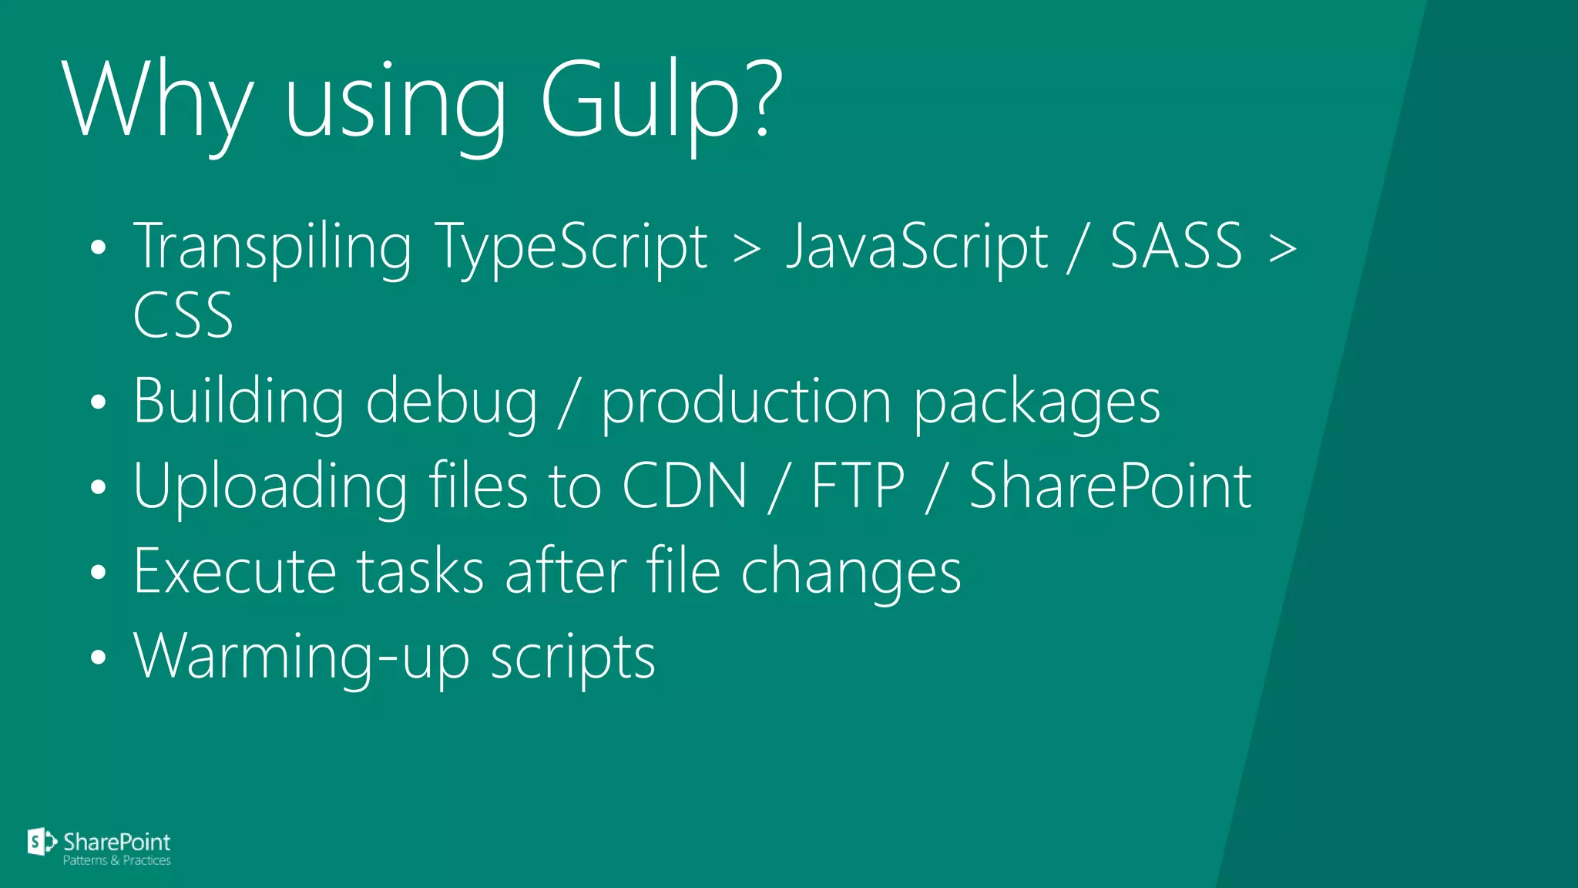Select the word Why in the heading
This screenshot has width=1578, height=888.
click(x=158, y=100)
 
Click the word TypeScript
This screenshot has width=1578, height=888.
click(x=571, y=247)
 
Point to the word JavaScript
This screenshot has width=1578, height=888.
click(x=916, y=247)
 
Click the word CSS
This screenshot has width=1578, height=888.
click(x=183, y=315)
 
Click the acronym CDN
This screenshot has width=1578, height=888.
click(x=684, y=486)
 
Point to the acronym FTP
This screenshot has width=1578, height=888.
click(x=858, y=486)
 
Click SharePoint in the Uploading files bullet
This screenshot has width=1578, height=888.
click(x=1110, y=486)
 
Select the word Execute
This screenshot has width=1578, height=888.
click(x=235, y=571)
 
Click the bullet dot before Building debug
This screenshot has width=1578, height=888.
click(x=97, y=403)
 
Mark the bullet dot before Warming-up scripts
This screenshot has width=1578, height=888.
click(x=97, y=658)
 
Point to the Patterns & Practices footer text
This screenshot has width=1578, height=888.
click(x=116, y=860)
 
